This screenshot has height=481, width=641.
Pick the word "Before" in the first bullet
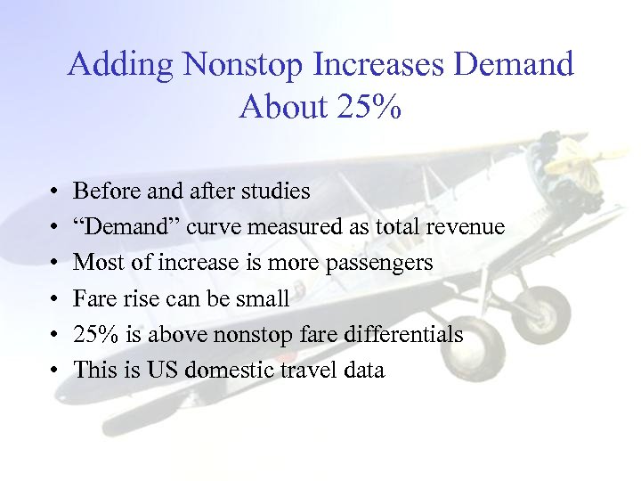(101, 192)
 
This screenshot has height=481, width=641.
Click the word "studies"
(277, 192)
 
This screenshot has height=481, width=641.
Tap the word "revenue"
(464, 227)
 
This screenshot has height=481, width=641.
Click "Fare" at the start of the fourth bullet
(92, 298)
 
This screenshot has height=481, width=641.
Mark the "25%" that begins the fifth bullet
(93, 334)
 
